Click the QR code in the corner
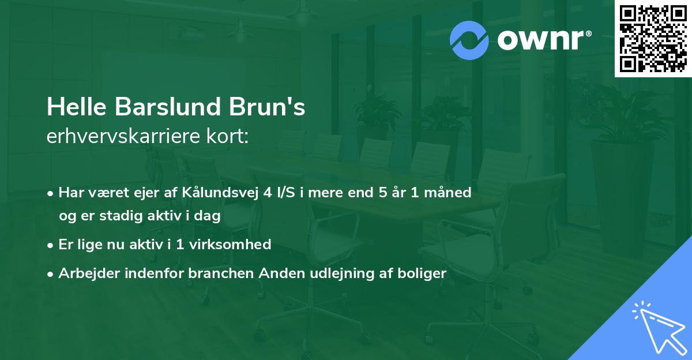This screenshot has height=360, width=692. click(x=653, y=39)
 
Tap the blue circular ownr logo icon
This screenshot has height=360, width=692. click(x=469, y=40)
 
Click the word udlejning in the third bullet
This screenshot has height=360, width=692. click(x=332, y=273)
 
